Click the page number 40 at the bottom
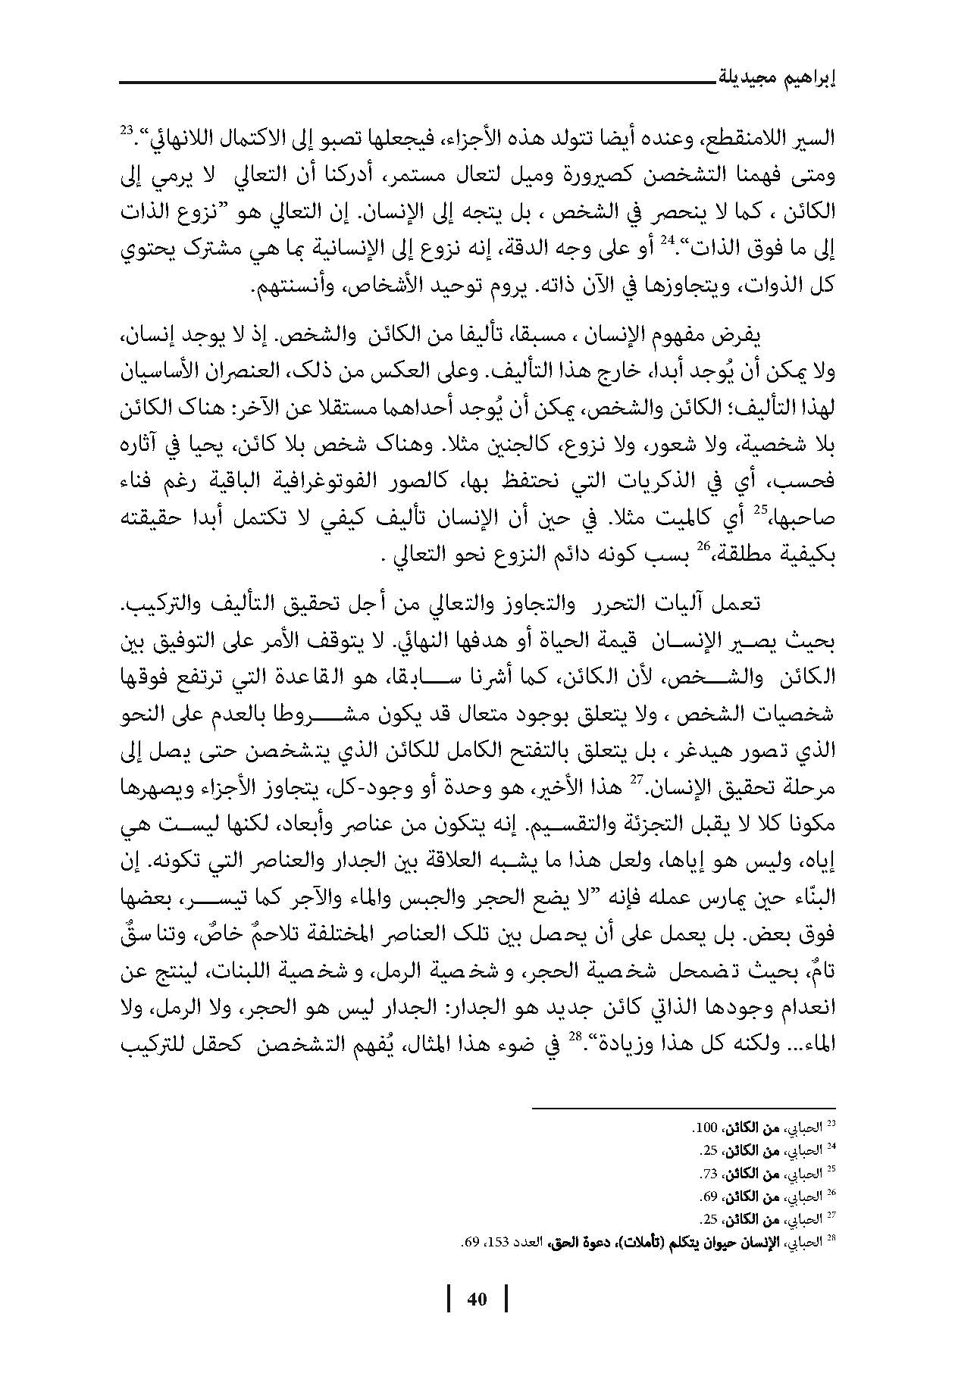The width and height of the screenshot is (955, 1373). tap(477, 1299)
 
